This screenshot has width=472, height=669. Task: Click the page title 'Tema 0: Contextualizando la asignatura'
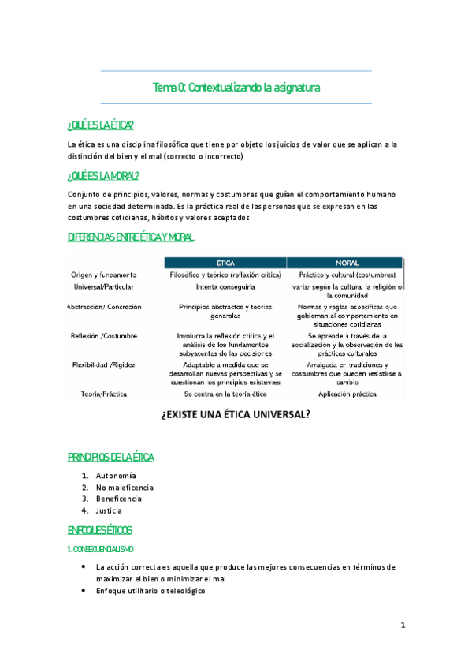click(236, 87)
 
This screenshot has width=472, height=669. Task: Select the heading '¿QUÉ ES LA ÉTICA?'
click(101, 126)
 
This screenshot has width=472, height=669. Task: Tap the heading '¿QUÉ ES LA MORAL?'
click(103, 175)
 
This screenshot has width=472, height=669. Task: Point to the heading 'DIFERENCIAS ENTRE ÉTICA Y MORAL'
click(131, 237)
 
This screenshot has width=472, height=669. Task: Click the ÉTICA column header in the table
click(225, 262)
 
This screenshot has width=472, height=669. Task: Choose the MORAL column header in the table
click(347, 262)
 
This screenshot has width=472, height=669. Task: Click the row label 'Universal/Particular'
click(102, 286)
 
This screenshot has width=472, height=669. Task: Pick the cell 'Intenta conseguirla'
click(225, 287)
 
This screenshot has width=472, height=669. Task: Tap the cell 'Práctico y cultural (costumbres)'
click(347, 275)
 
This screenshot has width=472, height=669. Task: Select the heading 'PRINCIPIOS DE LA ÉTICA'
click(111, 458)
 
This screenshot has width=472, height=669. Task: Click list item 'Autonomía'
click(116, 476)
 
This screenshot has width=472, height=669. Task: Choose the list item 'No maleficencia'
click(125, 488)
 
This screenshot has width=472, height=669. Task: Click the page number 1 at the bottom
click(403, 626)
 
